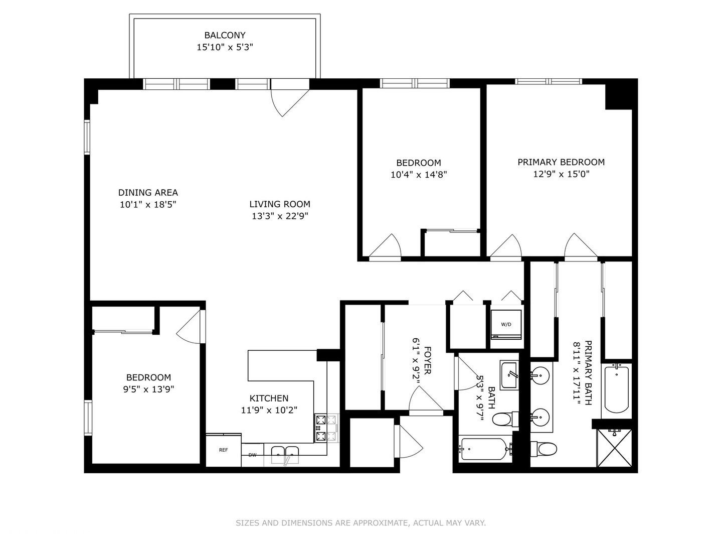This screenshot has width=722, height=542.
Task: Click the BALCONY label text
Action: (225, 35)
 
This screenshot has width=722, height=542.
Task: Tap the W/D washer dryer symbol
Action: (506, 324)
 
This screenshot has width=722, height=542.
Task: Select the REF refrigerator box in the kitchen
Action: (223, 450)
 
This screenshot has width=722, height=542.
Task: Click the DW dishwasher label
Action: (252, 455)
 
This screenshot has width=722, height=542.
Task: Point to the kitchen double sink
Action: (285, 455)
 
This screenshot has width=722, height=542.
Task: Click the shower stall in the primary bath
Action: (614, 448)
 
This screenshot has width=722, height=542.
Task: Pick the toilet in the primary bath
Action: (545, 448)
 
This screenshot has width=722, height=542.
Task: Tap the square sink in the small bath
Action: (509, 374)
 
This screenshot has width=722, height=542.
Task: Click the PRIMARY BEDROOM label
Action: (561, 162)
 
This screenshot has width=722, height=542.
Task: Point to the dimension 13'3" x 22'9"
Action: (280, 216)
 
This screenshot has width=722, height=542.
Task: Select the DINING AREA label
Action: (148, 192)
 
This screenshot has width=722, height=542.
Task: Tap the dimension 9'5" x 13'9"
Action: (148, 389)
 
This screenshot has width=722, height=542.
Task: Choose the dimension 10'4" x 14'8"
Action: (418, 175)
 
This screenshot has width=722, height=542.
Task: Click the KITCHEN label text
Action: (269, 398)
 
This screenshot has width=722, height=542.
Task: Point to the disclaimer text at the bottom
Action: (360, 523)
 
